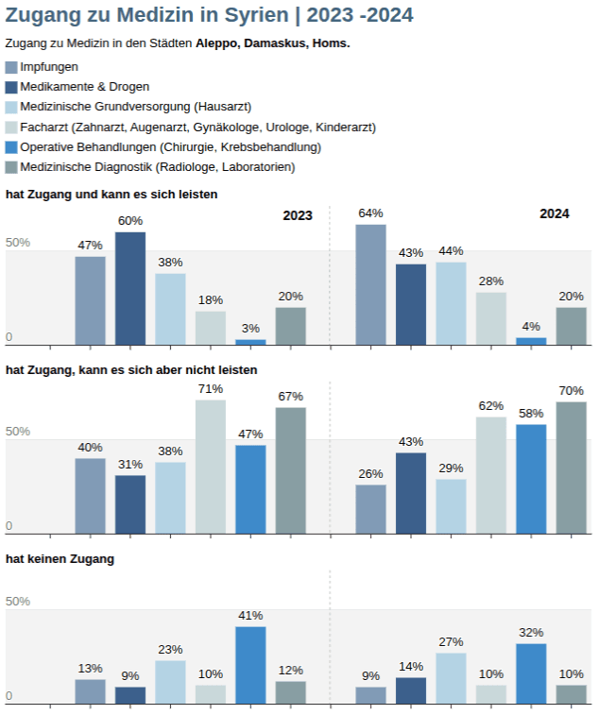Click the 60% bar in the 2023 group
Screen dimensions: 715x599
pyautogui.click(x=130, y=288)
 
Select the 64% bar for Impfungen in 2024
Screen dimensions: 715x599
pyautogui.click(x=371, y=284)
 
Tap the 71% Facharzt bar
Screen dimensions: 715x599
pyautogui.click(x=211, y=467)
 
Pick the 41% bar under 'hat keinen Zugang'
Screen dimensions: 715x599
pyautogui.click(x=250, y=665)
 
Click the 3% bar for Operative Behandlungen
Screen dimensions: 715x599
pyautogui.click(x=250, y=341)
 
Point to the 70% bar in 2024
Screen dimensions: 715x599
pyautogui.click(x=572, y=468)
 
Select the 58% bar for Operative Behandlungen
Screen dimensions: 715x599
pyautogui.click(x=531, y=479)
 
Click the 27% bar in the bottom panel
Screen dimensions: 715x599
pyautogui.click(x=452, y=678)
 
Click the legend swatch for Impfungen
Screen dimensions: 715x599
pyautogui.click(x=11, y=67)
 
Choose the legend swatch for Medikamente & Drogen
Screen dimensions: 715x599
pyautogui.click(x=11, y=87)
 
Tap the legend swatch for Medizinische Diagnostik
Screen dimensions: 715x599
pyautogui.click(x=11, y=167)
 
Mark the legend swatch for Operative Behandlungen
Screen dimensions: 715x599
pyautogui.click(x=11, y=147)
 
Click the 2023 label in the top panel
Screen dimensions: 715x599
pyautogui.click(x=298, y=215)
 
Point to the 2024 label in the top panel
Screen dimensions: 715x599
pyautogui.click(x=555, y=213)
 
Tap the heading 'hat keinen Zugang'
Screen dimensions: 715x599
pyautogui.click(x=60, y=559)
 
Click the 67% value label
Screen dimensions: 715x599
pyautogui.click(x=291, y=396)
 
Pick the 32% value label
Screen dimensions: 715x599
pyautogui.click(x=531, y=632)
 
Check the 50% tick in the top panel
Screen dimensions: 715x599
pyautogui.click(x=18, y=243)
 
